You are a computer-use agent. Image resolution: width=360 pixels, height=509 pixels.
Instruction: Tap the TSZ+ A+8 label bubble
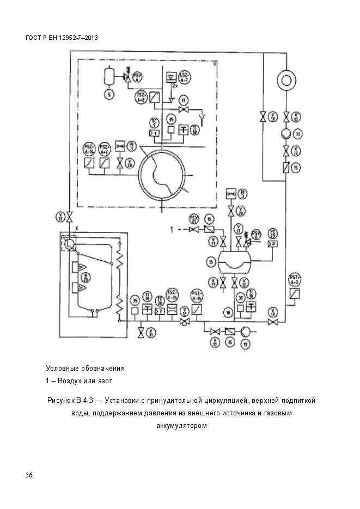point(141,97)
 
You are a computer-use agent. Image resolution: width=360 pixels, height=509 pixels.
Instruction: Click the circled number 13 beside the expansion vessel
point(210,262)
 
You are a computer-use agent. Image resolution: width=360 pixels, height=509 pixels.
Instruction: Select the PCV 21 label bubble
point(193,219)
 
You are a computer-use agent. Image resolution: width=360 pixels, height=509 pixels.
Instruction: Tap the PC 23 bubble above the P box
point(273,234)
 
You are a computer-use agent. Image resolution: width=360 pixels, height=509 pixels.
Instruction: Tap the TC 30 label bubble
point(160,299)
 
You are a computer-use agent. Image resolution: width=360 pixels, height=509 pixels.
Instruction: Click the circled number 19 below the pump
point(246,345)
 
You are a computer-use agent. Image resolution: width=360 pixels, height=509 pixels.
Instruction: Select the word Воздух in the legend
point(69,380)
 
